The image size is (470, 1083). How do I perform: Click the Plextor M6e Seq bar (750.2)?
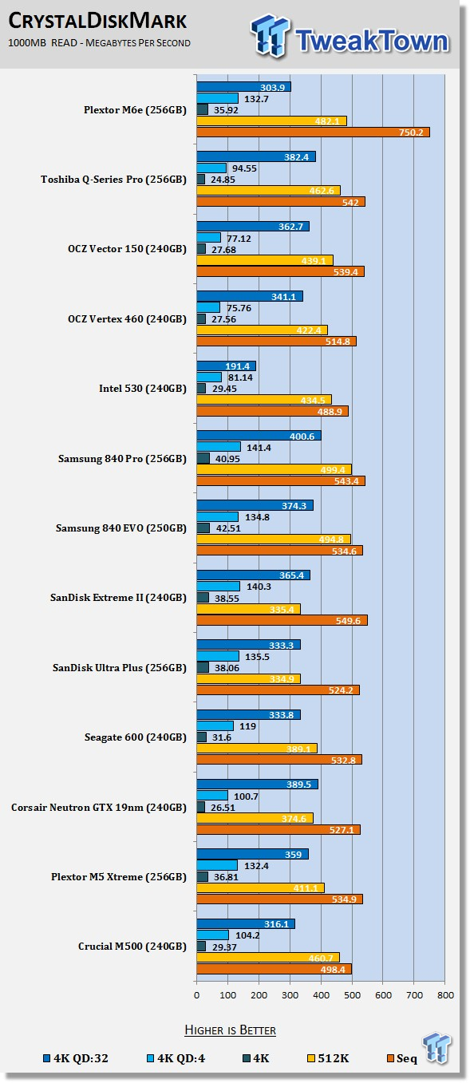coord(313,132)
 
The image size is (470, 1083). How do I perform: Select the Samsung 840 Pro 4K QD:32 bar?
coord(259,436)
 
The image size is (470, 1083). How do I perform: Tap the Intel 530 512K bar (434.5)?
coord(264,400)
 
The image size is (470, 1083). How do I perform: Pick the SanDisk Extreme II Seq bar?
coord(282,620)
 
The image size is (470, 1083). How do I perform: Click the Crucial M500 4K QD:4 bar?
coord(213,935)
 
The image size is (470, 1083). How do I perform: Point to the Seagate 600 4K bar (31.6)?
coord(202,737)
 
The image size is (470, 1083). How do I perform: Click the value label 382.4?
coord(296,157)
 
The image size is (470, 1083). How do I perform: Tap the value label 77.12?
coord(239,239)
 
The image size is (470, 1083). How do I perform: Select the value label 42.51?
coord(228,528)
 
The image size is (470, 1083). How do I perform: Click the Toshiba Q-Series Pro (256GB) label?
coord(113,180)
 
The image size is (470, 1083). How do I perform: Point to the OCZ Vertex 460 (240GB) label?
coord(127,319)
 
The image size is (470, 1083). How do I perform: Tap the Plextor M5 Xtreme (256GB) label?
coord(119,877)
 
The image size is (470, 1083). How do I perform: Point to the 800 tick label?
coord(445,995)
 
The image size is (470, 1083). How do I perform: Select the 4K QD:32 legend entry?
coord(76,1058)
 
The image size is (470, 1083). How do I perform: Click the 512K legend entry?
coord(328,1058)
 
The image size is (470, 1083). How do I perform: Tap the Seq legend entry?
coord(402,1058)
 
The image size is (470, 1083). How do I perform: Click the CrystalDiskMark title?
coord(97,22)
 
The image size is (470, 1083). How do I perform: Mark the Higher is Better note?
coord(230,1030)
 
